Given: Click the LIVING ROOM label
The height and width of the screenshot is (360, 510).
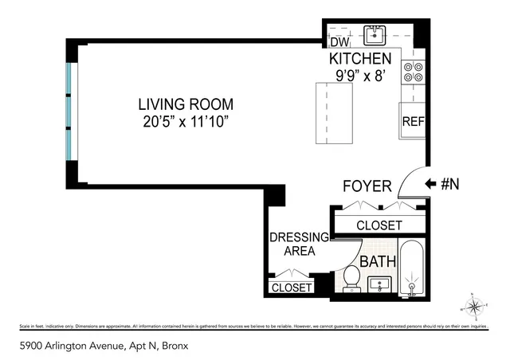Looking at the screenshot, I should (x=185, y=104).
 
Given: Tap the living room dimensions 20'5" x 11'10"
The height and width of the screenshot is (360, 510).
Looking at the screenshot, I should (x=185, y=120).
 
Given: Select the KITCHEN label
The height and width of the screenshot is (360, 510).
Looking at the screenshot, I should (x=360, y=59).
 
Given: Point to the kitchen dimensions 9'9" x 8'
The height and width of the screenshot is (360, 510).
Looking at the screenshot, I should (x=360, y=76).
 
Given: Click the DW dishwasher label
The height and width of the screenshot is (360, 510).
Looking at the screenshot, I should (x=339, y=42).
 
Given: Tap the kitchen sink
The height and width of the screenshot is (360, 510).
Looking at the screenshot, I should (x=375, y=35).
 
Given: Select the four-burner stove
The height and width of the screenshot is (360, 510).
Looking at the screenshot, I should (x=413, y=72).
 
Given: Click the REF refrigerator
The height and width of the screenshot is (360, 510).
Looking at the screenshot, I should (x=412, y=122).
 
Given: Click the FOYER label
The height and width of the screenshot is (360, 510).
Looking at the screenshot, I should (x=367, y=186).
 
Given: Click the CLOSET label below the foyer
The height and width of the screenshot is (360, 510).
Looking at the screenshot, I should (x=379, y=225).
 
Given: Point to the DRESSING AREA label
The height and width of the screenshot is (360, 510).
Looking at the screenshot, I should (x=299, y=244).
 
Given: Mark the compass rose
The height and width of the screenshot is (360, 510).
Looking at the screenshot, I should (x=473, y=306).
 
